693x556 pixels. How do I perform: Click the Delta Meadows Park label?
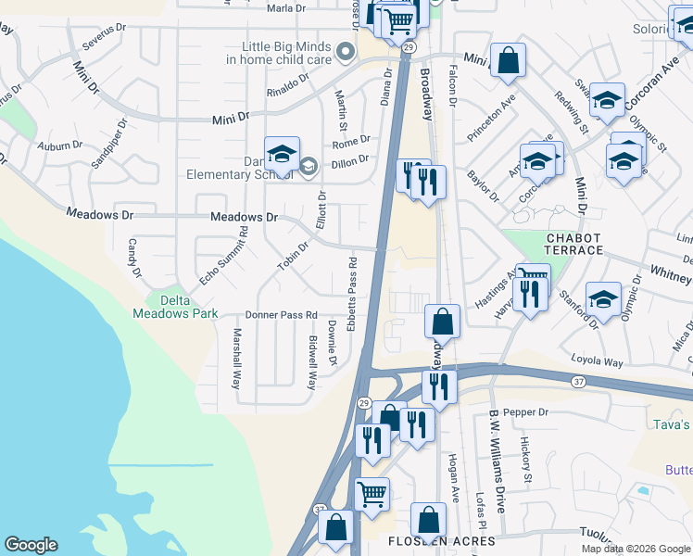click(183, 307)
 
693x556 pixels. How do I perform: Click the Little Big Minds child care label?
click(279, 52)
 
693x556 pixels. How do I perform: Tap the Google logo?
click(31, 545)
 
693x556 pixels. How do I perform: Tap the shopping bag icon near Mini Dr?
click(508, 60)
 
